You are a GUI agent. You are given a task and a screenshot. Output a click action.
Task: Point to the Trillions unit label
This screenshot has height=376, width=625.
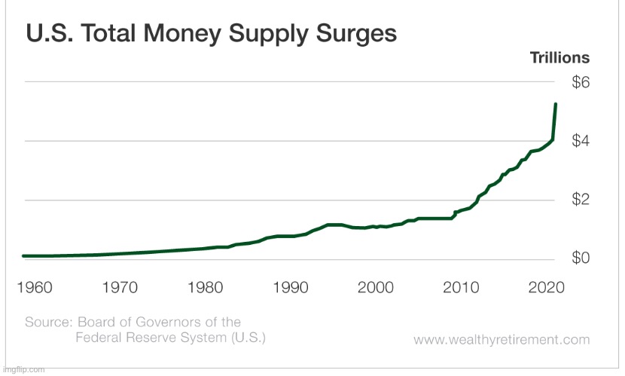coord(559,58)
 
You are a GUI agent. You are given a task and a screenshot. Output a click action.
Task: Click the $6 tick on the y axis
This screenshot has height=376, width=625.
coord(581,82)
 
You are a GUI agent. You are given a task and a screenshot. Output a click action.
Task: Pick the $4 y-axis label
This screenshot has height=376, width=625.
coord(581,141)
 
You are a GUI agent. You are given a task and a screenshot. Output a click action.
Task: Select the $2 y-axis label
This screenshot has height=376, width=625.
coord(581,200)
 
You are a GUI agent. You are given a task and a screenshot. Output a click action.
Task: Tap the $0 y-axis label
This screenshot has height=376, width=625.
coord(581,258)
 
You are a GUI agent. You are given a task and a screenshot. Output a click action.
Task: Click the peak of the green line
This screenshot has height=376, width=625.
coord(555,104)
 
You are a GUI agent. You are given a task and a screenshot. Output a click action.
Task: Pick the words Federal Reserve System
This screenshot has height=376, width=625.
coord(158,338)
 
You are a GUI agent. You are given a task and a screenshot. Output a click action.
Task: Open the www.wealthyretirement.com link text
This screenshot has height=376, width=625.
coord(502,340)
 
